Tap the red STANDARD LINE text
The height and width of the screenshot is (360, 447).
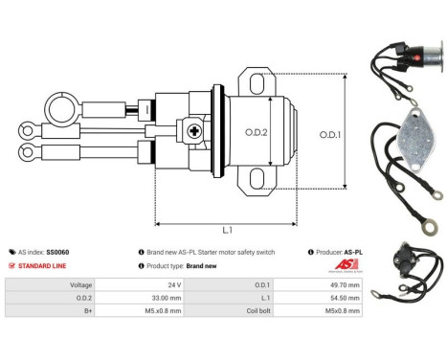(x=43, y=265)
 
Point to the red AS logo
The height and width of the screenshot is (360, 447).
(x=341, y=264)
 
